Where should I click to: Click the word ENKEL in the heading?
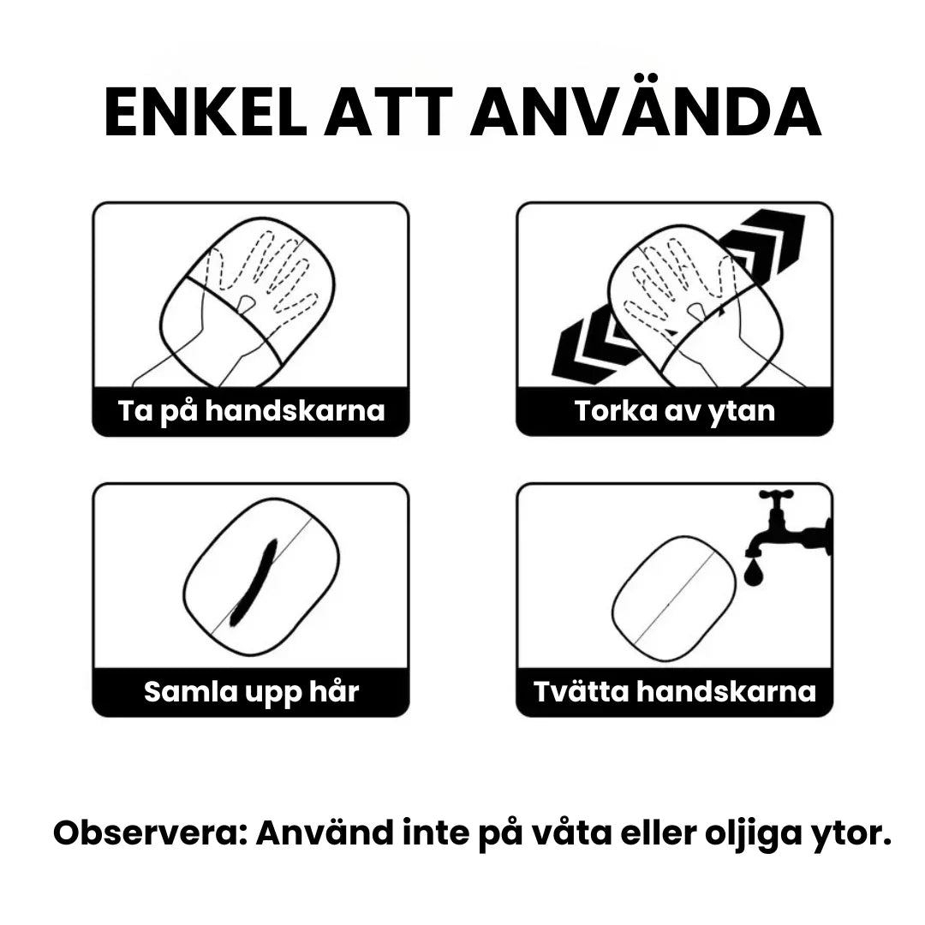coord(206,113)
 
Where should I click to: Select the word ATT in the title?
coord(388,113)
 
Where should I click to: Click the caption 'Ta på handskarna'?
coord(251,410)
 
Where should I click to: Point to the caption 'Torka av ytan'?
coord(675,410)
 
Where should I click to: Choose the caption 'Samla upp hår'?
coord(251,691)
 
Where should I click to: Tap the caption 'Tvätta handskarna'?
coord(675,691)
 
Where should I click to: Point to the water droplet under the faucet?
coord(754,572)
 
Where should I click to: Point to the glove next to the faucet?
coord(674,600)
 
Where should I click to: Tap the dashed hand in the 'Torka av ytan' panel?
coord(678,283)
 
